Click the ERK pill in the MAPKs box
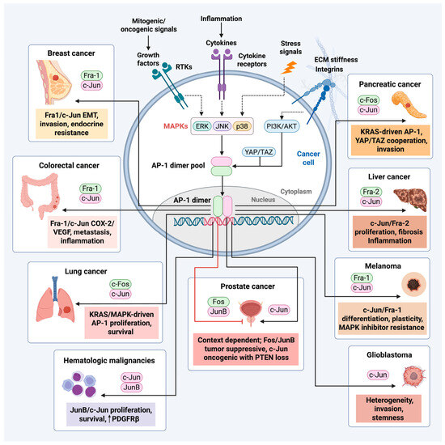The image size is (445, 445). [x=202, y=126]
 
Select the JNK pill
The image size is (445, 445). [x=222, y=126]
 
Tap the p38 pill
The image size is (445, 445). [x=242, y=126]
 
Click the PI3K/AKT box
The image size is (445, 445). [x=282, y=126]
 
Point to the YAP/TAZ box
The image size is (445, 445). [x=259, y=152]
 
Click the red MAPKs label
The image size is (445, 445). [x=176, y=126]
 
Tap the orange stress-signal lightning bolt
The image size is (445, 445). [x=289, y=68]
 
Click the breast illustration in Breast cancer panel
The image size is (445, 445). [x=54, y=82]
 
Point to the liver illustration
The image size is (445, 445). [x=410, y=200]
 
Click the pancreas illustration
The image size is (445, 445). [x=408, y=104]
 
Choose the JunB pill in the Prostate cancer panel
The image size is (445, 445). [x=218, y=311]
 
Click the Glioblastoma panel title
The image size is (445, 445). [x=389, y=354]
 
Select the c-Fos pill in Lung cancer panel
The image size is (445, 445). [x=121, y=284]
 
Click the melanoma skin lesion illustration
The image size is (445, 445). [x=413, y=284]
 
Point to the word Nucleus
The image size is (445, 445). [x=263, y=200]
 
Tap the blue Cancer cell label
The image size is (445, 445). [x=308, y=158]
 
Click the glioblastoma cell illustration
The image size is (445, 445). [x=414, y=376]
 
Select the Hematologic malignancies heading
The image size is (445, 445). [x=109, y=361]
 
